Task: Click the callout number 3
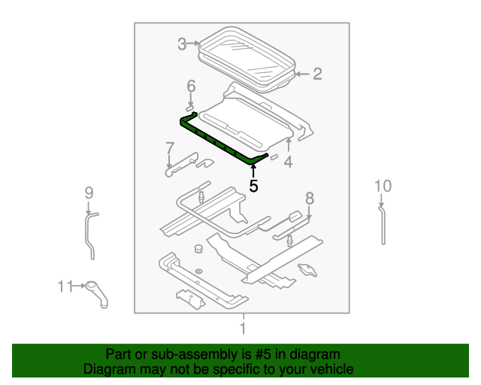click(x=182, y=44)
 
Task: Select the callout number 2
click(x=316, y=74)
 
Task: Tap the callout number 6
click(x=191, y=86)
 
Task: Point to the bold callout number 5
click(x=253, y=186)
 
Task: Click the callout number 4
click(x=288, y=162)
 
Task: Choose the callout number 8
click(x=308, y=199)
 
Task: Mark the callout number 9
click(x=89, y=194)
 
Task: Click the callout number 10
click(x=383, y=186)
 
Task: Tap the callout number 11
click(x=64, y=286)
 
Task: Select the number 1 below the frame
click(x=242, y=329)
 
